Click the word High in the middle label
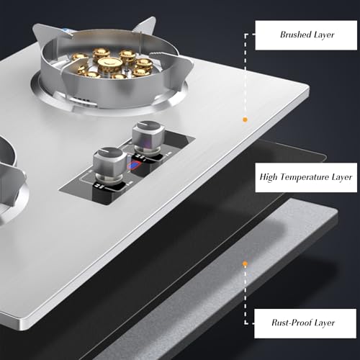[x=269, y=177]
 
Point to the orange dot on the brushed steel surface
[x=245, y=120]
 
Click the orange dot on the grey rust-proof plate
[x=245, y=264]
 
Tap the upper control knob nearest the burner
[x=148, y=136]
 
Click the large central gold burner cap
[x=109, y=65]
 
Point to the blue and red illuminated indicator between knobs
[x=135, y=166]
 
